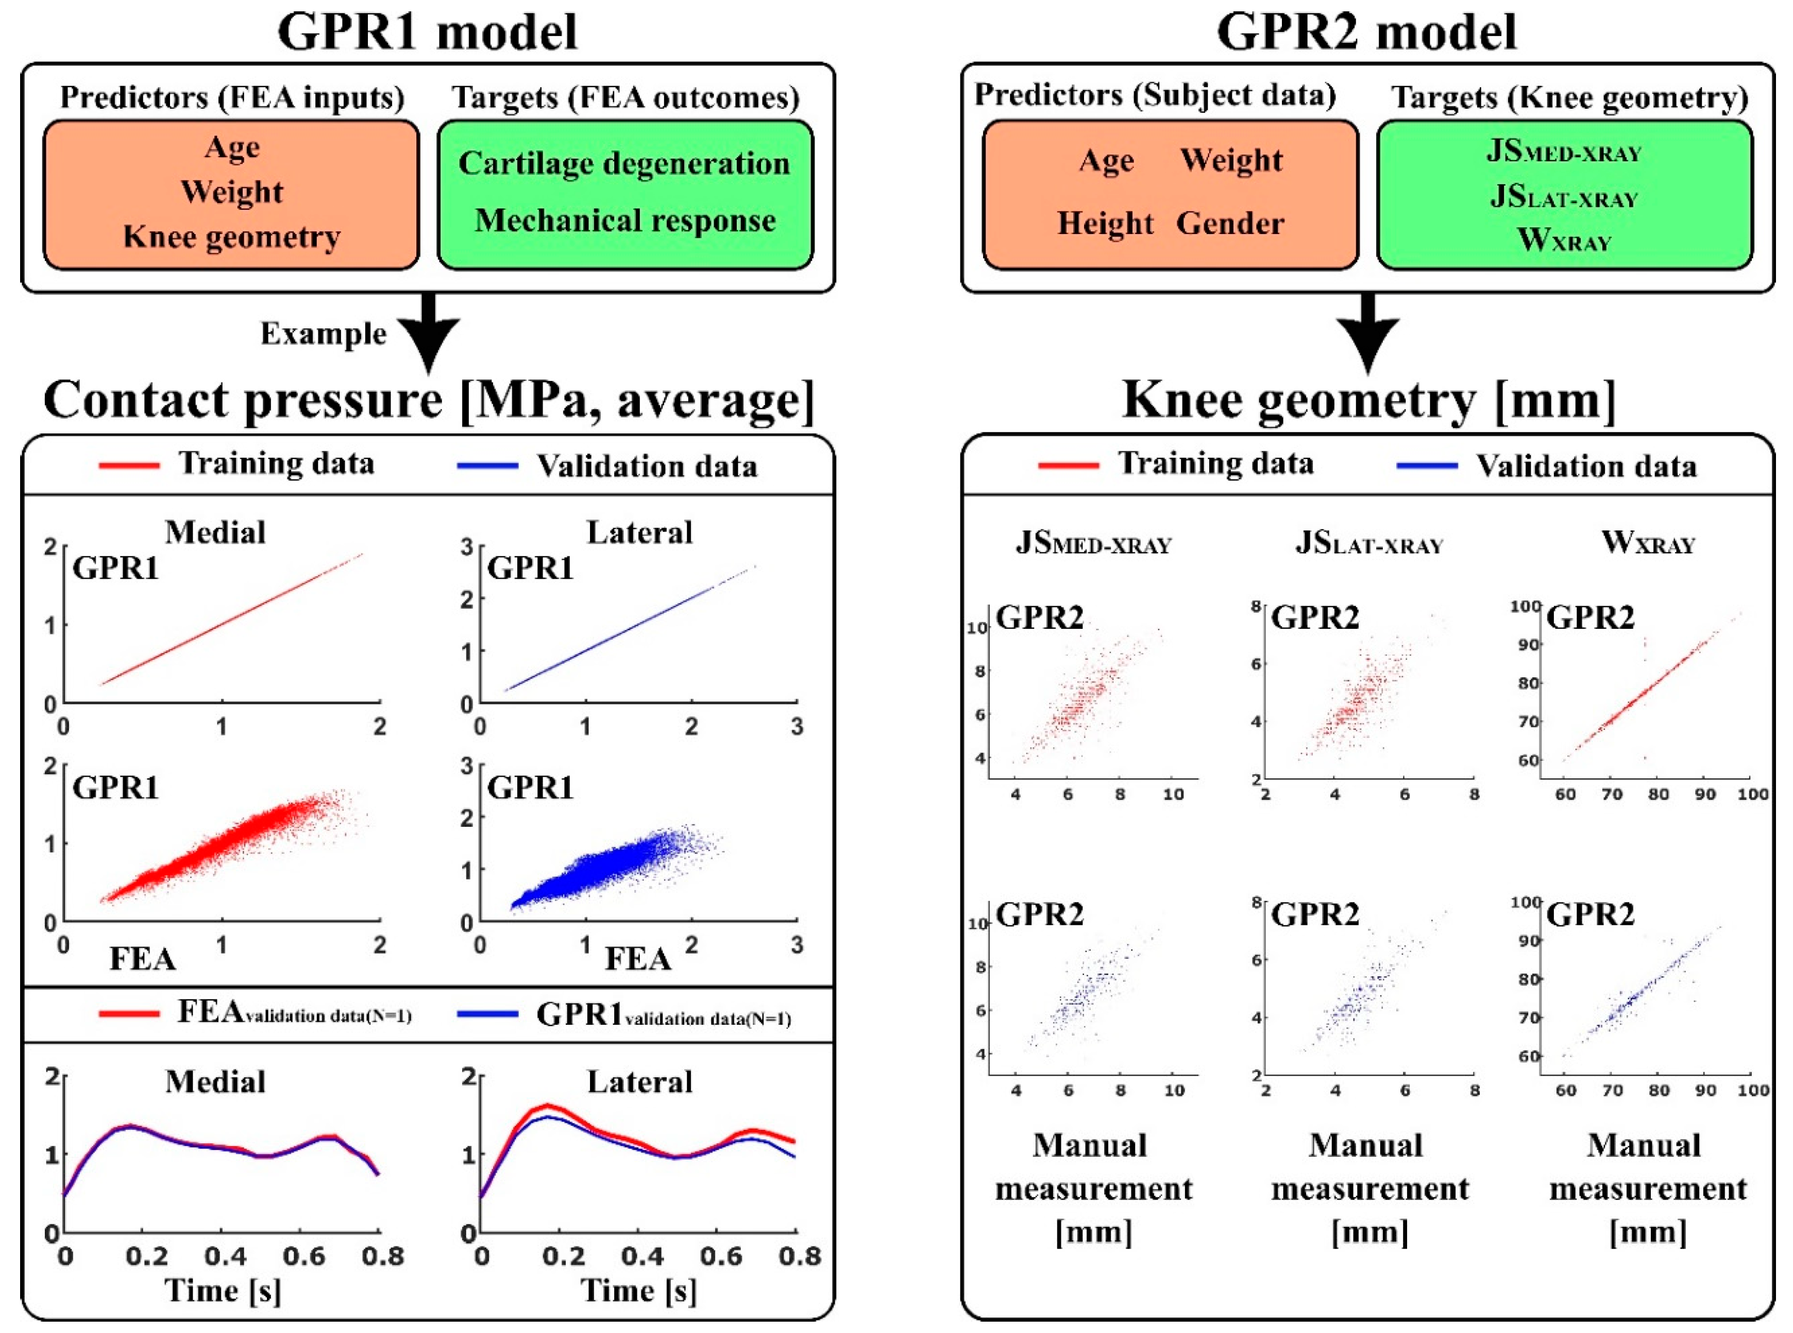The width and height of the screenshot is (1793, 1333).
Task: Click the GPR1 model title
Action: click(428, 32)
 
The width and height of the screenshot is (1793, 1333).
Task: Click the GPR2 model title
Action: click(1366, 32)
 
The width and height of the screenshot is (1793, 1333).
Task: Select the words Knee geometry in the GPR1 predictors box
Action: click(231, 237)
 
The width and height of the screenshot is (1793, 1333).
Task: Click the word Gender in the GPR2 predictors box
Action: click(1230, 224)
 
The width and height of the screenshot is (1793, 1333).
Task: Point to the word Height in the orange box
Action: click(1105, 224)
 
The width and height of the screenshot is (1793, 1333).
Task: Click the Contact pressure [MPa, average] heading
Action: click(428, 399)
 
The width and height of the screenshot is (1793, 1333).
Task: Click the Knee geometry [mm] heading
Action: click(1369, 399)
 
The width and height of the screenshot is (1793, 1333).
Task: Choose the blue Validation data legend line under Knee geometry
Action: click(1427, 465)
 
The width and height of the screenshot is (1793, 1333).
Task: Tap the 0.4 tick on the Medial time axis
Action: click(225, 1256)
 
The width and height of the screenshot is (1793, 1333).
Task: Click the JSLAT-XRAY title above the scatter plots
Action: click(1369, 543)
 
